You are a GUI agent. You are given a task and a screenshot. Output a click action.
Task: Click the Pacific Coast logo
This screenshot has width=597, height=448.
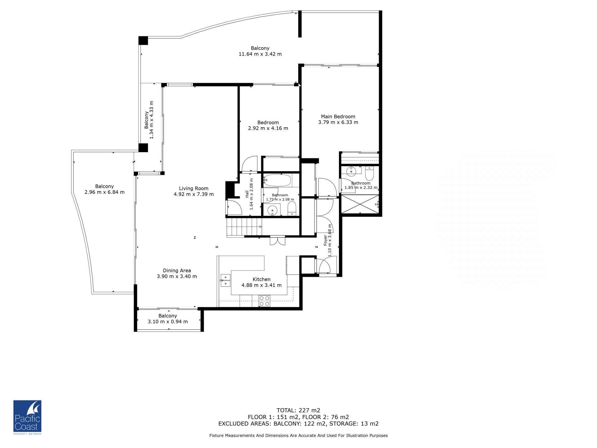(27, 417)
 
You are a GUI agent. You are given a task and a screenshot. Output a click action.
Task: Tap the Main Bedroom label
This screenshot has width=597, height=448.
(338, 117)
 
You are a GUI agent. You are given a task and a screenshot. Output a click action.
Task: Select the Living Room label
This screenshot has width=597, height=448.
(194, 189)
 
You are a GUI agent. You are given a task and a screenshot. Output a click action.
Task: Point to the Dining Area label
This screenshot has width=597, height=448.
(177, 271)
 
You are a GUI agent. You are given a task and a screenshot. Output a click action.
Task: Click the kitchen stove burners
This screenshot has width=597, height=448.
(265, 301)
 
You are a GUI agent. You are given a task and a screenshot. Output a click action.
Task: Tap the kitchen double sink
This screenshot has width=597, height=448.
(225, 280)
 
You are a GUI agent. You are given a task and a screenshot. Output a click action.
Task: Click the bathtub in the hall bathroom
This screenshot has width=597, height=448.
(277, 180)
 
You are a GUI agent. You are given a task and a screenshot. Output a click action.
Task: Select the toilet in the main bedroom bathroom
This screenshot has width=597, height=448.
(369, 174)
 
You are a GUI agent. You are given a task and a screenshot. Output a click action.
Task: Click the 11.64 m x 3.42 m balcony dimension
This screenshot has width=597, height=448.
(260, 54)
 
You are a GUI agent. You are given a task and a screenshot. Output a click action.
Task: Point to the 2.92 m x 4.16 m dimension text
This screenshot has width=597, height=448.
(268, 128)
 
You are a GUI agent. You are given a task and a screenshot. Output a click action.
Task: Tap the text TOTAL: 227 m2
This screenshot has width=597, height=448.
(298, 410)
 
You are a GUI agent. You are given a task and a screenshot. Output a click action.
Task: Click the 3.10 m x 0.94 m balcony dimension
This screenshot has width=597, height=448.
(168, 322)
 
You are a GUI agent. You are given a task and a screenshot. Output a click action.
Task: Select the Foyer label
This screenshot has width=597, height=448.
(326, 240)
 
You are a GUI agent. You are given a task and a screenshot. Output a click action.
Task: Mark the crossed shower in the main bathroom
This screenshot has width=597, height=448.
(360, 204)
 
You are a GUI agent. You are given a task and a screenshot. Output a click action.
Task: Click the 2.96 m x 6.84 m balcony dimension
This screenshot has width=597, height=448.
(104, 192)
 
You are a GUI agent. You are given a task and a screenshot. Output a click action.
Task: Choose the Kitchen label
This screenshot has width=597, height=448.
(261, 279)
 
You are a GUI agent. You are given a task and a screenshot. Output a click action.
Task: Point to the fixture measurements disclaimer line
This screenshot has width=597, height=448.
(298, 436)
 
